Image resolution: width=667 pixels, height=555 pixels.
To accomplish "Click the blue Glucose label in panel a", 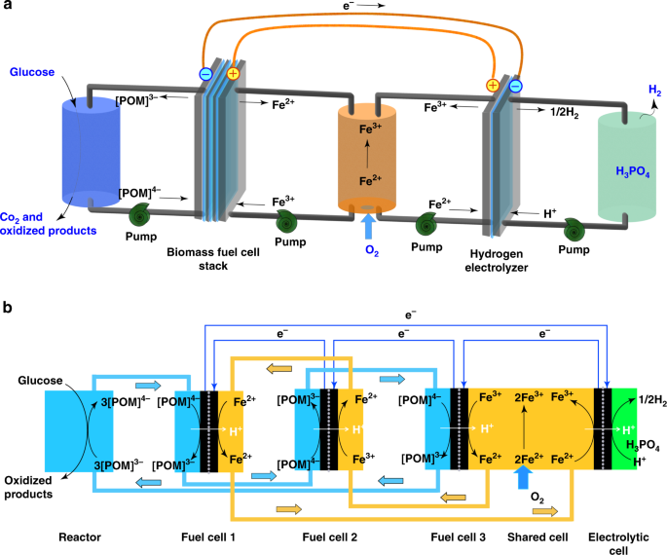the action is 32,72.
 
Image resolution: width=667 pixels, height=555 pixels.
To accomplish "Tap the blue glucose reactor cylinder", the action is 91,152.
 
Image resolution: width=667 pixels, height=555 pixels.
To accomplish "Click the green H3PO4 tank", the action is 626,166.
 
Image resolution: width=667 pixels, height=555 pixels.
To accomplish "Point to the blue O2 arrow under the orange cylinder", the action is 368,227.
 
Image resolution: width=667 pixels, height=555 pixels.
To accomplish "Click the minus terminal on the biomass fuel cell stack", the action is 205,74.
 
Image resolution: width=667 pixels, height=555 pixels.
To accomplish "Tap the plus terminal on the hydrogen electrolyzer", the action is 493,85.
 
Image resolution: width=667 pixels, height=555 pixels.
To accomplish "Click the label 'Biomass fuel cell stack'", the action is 213,259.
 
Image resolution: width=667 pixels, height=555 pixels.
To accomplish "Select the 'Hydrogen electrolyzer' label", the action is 497,261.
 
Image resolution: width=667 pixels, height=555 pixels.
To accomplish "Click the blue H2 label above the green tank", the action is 654,91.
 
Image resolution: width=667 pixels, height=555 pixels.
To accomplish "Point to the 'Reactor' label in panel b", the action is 80,537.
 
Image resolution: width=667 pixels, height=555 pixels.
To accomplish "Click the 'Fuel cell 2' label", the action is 330,537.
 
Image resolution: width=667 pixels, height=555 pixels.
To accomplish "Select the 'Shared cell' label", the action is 537,537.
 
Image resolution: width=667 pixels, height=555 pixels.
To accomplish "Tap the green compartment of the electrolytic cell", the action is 624,428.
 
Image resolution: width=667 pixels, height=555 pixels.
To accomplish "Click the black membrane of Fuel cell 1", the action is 208,431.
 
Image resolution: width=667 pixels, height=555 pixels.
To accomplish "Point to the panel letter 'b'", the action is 7,307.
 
